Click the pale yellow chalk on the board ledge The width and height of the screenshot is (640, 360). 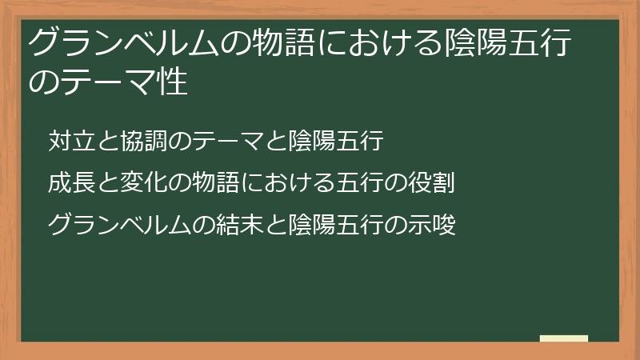pyautogui.click(x=564, y=338)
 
